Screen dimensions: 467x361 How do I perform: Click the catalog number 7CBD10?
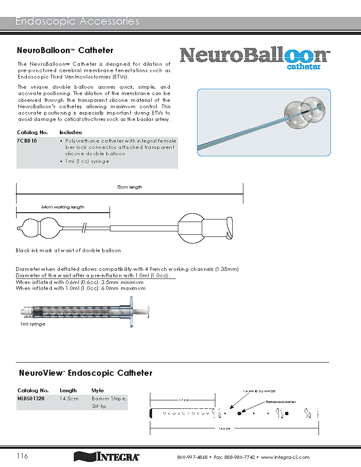27,141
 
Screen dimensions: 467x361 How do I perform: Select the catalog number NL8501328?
31,399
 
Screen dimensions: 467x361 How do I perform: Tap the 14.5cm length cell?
69,399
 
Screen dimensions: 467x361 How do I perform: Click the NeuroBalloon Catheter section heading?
65,50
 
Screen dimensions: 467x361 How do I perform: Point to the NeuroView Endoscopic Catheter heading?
85,373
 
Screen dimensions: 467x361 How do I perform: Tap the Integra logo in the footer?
107,457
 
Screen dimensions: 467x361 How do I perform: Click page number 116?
23,456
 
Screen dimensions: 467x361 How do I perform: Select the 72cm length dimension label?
130,187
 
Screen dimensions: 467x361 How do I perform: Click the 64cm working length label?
63,207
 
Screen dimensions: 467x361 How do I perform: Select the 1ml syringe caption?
33,324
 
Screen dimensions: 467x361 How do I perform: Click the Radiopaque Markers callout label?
280,401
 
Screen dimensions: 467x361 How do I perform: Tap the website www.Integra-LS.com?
285,457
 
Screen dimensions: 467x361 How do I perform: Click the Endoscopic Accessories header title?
77,21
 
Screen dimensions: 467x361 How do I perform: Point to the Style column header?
98,390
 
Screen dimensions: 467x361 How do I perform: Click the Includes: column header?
71,132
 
